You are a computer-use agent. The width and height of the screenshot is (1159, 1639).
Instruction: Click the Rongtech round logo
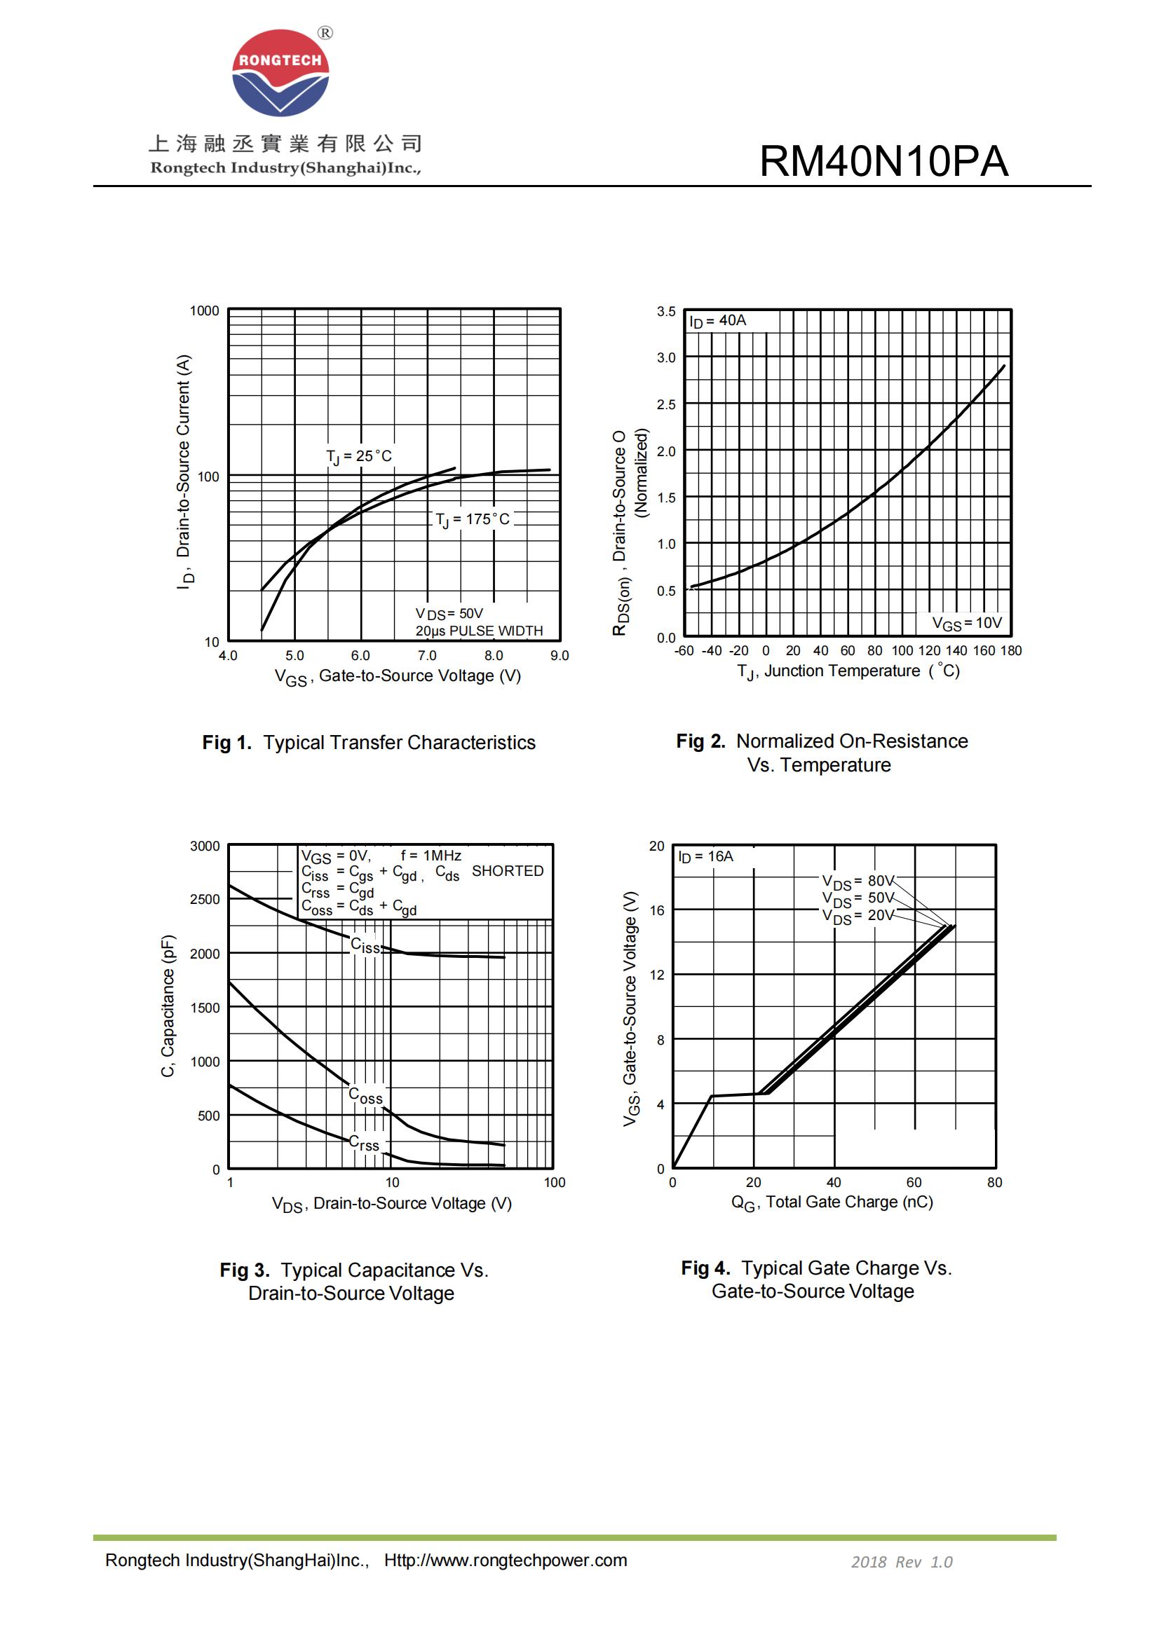(280, 73)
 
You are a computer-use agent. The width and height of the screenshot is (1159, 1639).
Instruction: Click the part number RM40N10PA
(883, 161)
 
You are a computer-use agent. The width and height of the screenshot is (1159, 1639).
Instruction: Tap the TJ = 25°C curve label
(358, 456)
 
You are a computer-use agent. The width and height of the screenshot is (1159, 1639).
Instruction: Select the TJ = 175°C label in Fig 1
(473, 520)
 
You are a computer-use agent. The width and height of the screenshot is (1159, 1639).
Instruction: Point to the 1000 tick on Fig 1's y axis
(204, 310)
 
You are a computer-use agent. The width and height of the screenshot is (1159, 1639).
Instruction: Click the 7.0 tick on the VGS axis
(427, 655)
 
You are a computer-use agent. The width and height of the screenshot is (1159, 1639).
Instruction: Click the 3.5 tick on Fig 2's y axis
(665, 311)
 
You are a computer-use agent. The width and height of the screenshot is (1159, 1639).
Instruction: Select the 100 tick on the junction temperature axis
(902, 650)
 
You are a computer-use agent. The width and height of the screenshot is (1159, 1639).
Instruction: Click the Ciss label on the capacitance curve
(365, 946)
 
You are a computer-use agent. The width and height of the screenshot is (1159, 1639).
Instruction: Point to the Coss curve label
(365, 1096)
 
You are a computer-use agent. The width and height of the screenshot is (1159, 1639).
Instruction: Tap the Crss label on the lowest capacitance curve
(363, 1143)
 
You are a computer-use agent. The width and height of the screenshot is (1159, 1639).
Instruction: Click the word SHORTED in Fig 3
(507, 871)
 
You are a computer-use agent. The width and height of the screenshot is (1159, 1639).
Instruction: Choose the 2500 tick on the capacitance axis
(204, 900)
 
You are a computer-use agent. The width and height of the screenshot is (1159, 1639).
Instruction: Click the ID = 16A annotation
(705, 856)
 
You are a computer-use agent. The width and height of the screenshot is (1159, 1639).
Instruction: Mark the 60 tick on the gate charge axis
(914, 1182)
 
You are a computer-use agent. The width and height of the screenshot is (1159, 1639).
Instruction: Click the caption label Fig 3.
(244, 1270)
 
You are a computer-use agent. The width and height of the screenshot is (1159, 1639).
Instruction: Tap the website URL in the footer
(505, 1561)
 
